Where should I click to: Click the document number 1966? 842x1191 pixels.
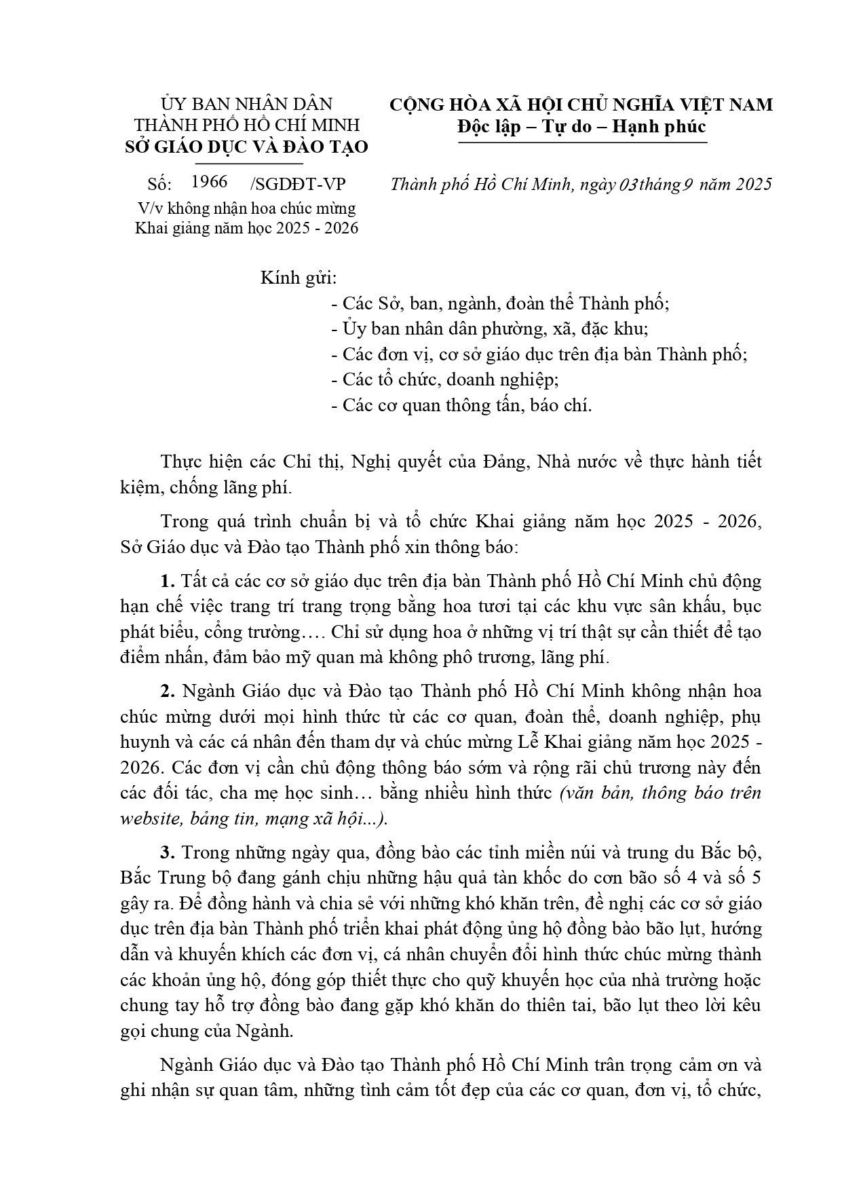[209, 182]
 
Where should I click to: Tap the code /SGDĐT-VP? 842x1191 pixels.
[298, 185]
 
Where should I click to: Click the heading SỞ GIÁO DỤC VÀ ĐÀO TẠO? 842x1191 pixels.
[247, 147]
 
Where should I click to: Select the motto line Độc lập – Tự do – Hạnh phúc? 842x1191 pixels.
[581, 126]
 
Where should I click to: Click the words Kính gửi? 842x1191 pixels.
[299, 278]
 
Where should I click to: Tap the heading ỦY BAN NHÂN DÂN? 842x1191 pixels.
[247, 104]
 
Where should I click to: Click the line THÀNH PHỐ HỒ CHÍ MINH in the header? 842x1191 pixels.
[247, 126]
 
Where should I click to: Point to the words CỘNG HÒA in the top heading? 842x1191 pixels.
[427, 105]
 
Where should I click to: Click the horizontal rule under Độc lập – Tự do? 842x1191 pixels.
[581, 143]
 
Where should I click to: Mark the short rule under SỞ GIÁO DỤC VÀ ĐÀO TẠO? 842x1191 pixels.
[247, 164]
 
